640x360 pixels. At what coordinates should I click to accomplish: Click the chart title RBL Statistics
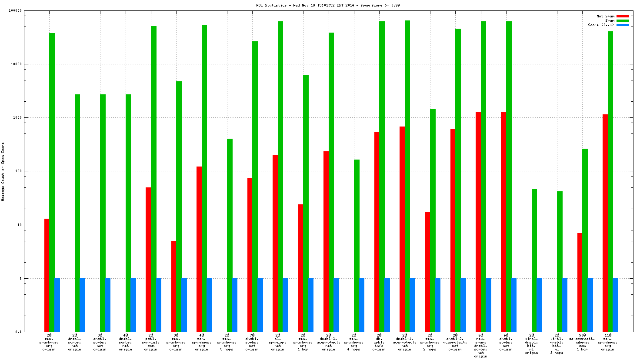(328, 5)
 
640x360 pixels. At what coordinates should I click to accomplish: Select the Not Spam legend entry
(605, 16)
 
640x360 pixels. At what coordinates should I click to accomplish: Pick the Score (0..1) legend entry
(601, 25)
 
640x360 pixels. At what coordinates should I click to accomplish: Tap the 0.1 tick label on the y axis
(18, 332)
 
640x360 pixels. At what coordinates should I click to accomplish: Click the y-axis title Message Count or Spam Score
(3, 171)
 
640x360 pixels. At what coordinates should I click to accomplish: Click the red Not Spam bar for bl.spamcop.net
(275, 243)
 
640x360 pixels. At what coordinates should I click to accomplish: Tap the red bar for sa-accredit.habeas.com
(580, 282)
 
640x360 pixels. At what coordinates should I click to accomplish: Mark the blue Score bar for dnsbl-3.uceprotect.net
(336, 305)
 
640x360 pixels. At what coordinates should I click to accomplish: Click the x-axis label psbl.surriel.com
(151, 342)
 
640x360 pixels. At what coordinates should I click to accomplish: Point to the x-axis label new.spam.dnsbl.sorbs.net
(480, 346)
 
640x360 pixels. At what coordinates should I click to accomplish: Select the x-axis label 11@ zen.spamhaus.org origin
(607, 342)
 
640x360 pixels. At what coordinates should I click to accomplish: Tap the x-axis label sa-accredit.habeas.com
(582, 342)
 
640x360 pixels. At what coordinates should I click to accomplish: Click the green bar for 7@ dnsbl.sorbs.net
(255, 187)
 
